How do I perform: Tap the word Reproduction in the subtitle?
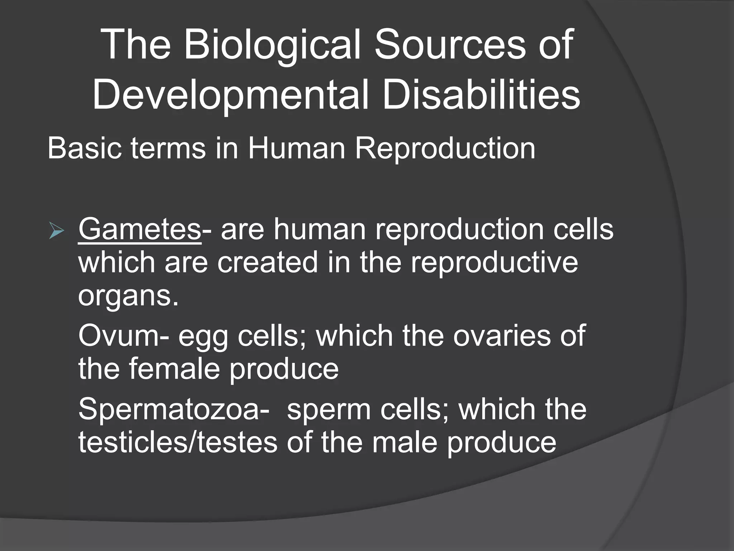pos(445,148)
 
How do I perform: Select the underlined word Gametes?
pos(139,230)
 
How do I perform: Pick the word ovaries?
pos(502,336)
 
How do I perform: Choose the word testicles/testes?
pos(178,442)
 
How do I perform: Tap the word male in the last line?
pos(405,442)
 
